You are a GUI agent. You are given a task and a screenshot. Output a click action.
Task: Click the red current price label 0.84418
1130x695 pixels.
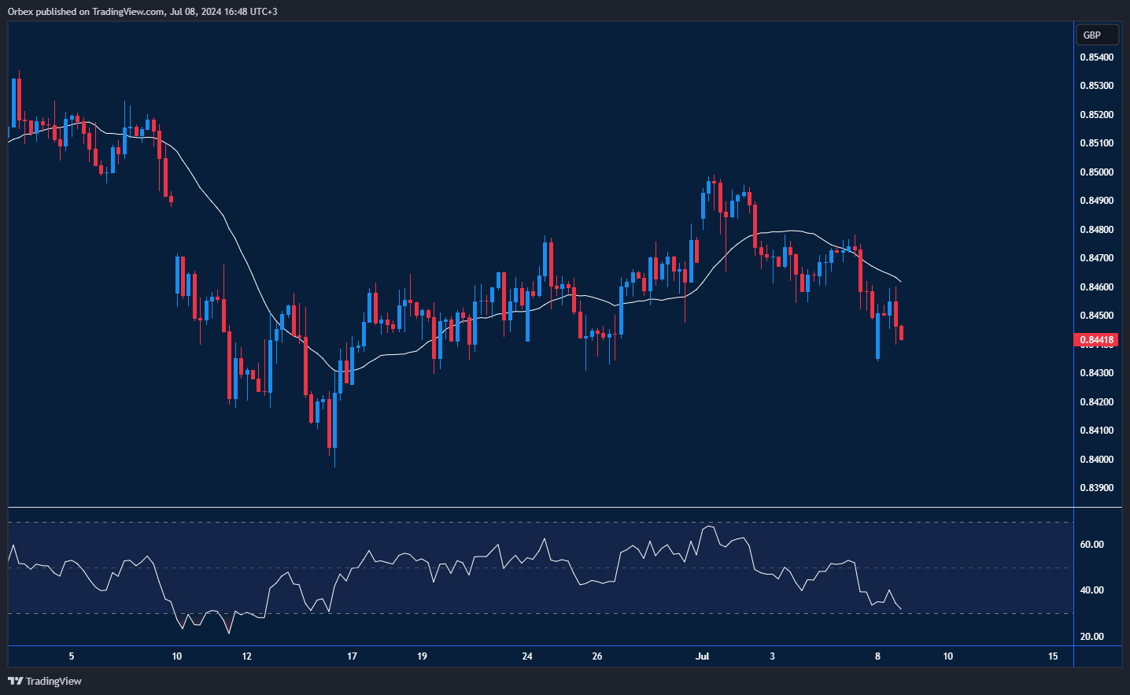point(1096,340)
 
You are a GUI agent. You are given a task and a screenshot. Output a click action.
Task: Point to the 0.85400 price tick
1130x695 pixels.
point(1096,57)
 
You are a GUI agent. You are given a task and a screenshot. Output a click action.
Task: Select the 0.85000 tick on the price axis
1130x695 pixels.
point(1096,172)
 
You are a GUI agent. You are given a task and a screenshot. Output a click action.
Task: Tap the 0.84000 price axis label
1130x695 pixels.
point(1096,460)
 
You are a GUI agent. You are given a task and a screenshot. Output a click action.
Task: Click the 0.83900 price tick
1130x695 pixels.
point(1096,488)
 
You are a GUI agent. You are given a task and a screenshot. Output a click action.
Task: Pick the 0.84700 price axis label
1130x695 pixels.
point(1096,258)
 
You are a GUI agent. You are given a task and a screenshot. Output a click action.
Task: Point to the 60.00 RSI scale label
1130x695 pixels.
point(1091,545)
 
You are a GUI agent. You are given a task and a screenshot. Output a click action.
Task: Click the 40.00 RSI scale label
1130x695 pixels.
point(1091,590)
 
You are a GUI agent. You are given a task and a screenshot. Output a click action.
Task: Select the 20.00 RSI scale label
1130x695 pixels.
point(1091,637)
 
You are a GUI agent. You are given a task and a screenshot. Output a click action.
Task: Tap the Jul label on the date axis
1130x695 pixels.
point(703,656)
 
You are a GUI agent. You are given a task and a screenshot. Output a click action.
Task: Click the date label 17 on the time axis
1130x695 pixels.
point(352,656)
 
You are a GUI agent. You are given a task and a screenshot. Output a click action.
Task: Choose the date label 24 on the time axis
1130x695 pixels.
point(527,656)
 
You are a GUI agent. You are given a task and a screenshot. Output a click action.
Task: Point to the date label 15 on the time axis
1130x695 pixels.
point(1053,656)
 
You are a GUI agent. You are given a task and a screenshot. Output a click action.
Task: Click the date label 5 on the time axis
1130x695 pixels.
point(72,656)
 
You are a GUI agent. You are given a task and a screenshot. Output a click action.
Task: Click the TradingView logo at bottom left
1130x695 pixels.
point(45,681)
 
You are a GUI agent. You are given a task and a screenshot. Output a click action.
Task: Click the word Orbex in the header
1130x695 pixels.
point(20,12)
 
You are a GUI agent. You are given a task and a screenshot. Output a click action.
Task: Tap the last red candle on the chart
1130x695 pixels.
point(901,333)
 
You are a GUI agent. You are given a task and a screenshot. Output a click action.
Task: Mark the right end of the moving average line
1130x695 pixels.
point(901,282)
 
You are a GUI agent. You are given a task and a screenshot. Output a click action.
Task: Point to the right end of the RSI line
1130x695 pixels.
point(901,608)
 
